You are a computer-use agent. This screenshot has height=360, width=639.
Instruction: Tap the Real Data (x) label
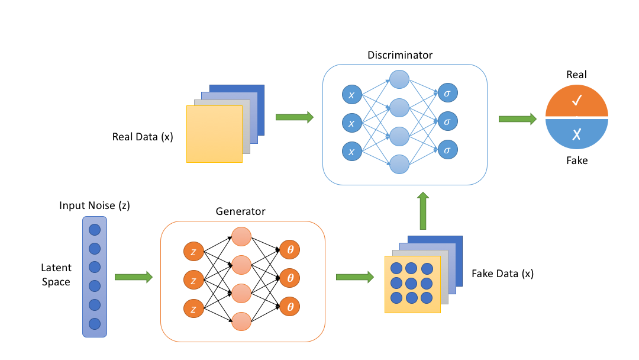coord(143,137)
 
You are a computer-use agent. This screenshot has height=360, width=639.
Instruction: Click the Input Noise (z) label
coord(95,205)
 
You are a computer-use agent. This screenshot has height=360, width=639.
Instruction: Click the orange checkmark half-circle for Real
coord(577,103)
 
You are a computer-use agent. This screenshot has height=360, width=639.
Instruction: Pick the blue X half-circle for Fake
coord(577,134)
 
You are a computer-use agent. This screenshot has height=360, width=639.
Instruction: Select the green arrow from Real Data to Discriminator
coord(294,117)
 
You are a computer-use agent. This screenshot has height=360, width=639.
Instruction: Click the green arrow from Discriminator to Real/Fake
coord(517,119)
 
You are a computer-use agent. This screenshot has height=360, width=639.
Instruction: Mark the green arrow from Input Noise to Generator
coord(133,277)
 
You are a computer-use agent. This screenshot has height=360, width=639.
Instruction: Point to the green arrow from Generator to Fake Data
coord(354,277)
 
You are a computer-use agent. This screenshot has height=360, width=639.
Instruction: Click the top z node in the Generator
coord(194,250)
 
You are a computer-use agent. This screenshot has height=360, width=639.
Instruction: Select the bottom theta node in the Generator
coord(290,307)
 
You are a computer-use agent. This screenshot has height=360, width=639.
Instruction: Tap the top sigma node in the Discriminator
coord(447,93)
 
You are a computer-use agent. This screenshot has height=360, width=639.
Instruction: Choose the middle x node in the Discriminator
coord(352,123)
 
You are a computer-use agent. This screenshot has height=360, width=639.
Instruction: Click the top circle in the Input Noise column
coord(95,229)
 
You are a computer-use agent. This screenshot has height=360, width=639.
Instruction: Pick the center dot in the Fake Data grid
coord(412,282)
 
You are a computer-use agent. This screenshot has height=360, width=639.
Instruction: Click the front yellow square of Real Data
coord(214,134)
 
